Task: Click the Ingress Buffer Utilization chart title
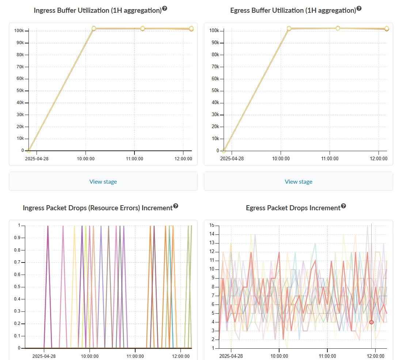click(98, 10)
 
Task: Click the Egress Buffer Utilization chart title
click(293, 10)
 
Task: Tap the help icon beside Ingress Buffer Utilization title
click(165, 8)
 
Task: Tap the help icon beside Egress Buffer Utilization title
click(359, 8)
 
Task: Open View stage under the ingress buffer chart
click(103, 181)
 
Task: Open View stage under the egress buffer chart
click(298, 181)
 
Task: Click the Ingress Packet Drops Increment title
click(98, 208)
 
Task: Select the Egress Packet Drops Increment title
click(293, 208)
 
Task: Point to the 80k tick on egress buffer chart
click(214, 55)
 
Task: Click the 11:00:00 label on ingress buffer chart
click(134, 159)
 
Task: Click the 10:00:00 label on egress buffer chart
click(281, 159)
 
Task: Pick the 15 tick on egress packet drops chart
click(211, 225)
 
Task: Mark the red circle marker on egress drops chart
click(371, 322)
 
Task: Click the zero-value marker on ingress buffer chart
click(28, 150)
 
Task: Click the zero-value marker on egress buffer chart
click(224, 150)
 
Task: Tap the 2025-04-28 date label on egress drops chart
click(232, 356)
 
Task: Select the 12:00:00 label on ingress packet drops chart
click(181, 356)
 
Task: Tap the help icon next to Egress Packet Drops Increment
click(343, 206)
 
